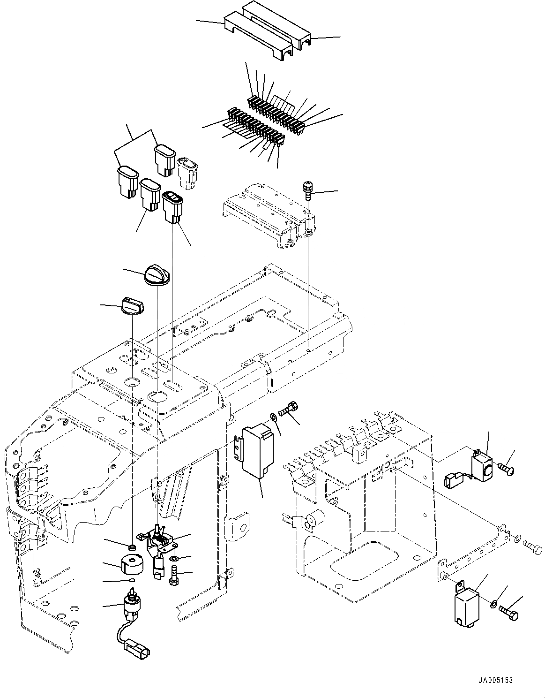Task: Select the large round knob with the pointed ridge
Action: pos(157,275)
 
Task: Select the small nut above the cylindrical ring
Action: pos(133,547)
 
